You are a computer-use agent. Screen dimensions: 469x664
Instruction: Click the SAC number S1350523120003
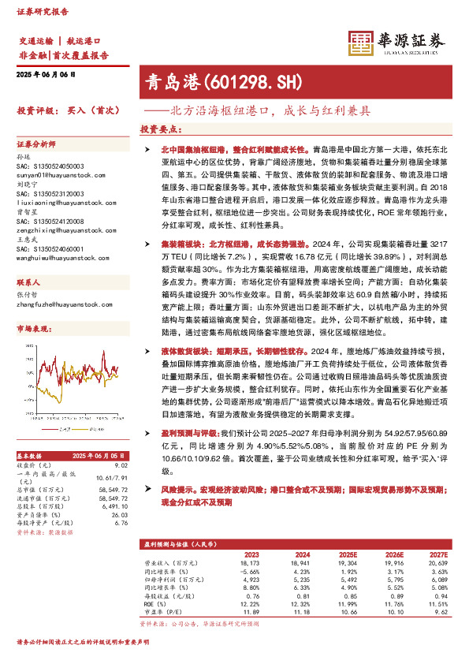[50, 193]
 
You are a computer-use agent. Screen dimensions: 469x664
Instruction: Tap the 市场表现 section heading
[33, 305]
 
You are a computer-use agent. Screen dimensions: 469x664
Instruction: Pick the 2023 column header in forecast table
[251, 554]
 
